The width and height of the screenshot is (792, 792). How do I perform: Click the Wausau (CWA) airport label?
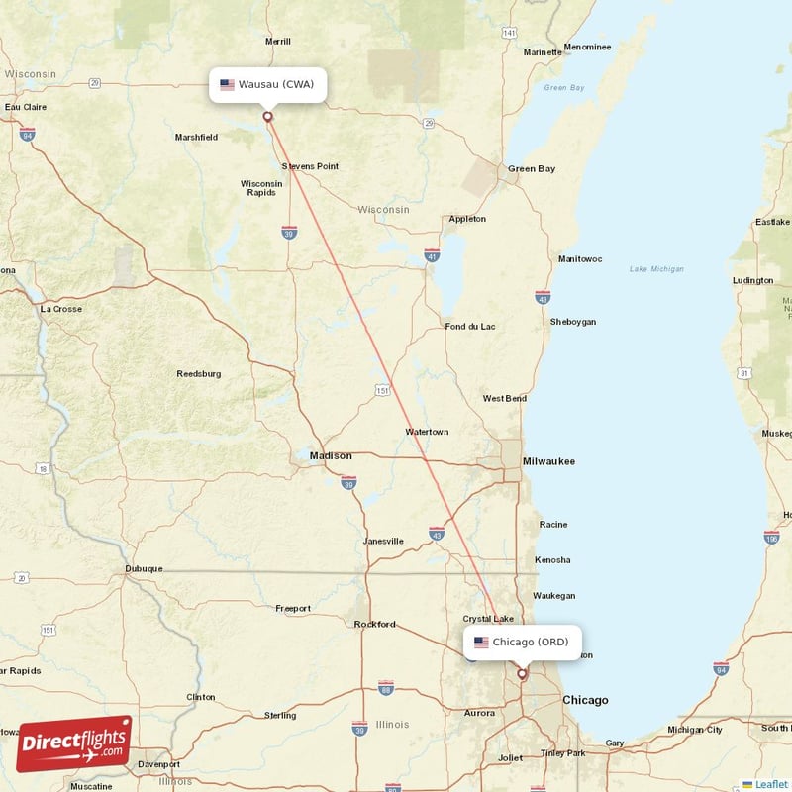tap(267, 84)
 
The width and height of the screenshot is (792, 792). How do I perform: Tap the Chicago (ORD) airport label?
tap(522, 643)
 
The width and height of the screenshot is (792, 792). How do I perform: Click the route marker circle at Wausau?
tap(267, 116)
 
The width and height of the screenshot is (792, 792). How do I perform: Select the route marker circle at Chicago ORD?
tap(522, 673)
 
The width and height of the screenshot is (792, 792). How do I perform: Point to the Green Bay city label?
tap(532, 169)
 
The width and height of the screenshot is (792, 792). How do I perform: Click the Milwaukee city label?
tap(548, 461)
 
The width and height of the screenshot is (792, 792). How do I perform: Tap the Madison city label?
tap(331, 455)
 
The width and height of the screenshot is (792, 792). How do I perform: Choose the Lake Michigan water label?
tap(656, 269)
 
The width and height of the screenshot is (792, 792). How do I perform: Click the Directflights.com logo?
tap(74, 742)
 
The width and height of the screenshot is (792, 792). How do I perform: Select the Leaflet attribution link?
tap(771, 784)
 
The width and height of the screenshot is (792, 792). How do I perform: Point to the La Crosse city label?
tap(61, 309)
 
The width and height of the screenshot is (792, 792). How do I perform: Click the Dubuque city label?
tap(144, 569)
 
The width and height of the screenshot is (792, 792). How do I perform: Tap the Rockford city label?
tap(375, 625)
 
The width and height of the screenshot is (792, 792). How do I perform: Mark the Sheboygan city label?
tap(573, 322)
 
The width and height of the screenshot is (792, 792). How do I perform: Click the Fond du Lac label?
tap(470, 327)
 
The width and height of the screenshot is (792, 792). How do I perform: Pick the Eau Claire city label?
tap(26, 107)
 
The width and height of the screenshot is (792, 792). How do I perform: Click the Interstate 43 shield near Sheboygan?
tap(543, 297)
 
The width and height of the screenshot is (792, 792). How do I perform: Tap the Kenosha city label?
tap(553, 560)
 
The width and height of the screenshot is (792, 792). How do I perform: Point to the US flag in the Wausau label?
tap(228, 84)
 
